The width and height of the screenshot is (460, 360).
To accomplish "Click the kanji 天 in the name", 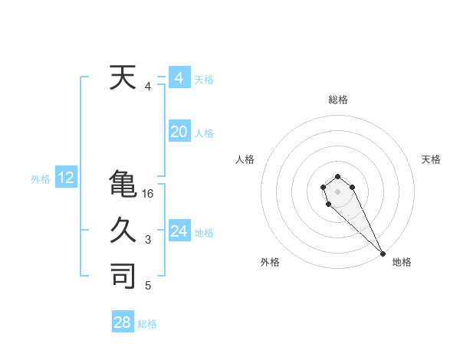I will tap(123, 78).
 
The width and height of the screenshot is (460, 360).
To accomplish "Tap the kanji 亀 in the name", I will tap(123, 185).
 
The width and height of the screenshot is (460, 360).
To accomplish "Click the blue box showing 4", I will tap(179, 78).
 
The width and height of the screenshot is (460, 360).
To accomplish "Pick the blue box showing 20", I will tap(179, 132).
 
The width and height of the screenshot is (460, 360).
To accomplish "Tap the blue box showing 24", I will tap(179, 231).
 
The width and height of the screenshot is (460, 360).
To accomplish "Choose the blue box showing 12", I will tap(66, 178).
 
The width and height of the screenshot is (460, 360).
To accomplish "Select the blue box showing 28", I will tap(123, 322).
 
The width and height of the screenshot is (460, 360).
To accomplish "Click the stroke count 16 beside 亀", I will tap(148, 195).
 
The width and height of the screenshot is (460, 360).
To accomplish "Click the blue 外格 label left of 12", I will tap(41, 179).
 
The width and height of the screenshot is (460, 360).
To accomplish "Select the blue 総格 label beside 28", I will tap(147, 324).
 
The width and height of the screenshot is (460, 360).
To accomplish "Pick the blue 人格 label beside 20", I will tap(204, 133).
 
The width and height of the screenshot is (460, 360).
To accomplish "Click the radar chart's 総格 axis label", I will tap(338, 100).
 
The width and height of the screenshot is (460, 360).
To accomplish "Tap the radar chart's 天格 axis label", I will tap(431, 159).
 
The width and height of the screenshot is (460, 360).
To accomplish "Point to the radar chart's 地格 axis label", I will tap(402, 262).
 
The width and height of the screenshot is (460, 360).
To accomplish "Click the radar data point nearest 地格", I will tap(383, 254).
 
